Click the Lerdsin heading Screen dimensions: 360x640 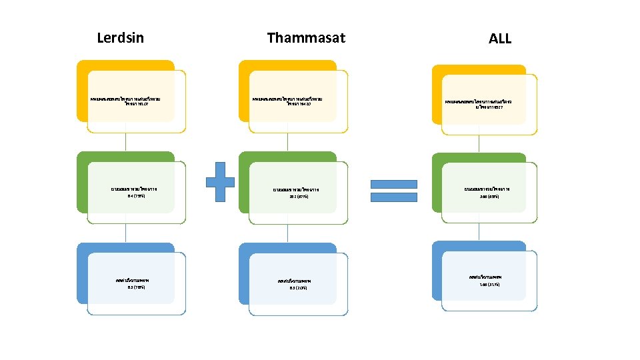pos(120,38)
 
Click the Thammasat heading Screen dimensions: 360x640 pos(306,38)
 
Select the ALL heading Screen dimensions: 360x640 pos(499,39)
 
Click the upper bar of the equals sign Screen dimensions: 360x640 pos(393,184)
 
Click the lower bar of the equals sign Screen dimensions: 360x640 pos(393,197)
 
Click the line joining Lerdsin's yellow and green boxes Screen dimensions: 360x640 pos(126,141)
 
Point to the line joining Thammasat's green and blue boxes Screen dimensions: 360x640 pos(289,233)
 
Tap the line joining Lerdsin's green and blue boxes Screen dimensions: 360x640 pos(126,233)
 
